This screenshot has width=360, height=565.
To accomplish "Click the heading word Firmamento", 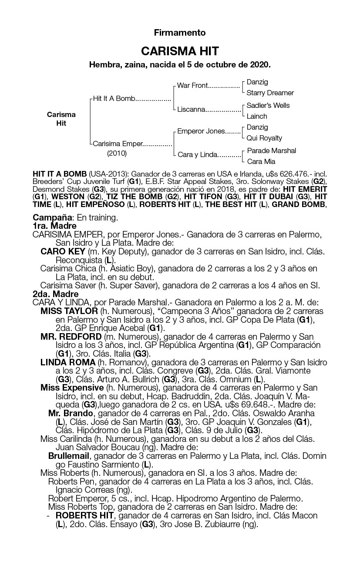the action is [x=179, y=33].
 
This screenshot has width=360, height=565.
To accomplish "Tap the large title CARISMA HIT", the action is [x=180, y=51].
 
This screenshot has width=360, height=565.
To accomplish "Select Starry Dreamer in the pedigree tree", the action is [x=270, y=93].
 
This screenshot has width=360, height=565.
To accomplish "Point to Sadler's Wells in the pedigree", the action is [x=268, y=105].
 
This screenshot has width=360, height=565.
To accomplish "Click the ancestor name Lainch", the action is [x=257, y=116].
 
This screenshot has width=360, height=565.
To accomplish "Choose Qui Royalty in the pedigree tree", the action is [x=264, y=138].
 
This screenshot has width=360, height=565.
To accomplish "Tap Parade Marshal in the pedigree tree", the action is [x=271, y=150].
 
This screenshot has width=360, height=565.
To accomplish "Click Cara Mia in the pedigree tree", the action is [x=261, y=161].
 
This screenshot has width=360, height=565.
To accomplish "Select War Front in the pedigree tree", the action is [x=192, y=85].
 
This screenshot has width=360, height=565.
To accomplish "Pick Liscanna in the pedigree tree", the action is [x=191, y=109].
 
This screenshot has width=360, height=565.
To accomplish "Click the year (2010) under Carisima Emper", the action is [x=117, y=153].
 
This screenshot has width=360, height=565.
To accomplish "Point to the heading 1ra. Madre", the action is [x=54, y=226].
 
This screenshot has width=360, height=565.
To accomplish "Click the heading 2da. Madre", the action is [x=55, y=294].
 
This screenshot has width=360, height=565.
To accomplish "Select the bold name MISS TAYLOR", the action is [x=69, y=311].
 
